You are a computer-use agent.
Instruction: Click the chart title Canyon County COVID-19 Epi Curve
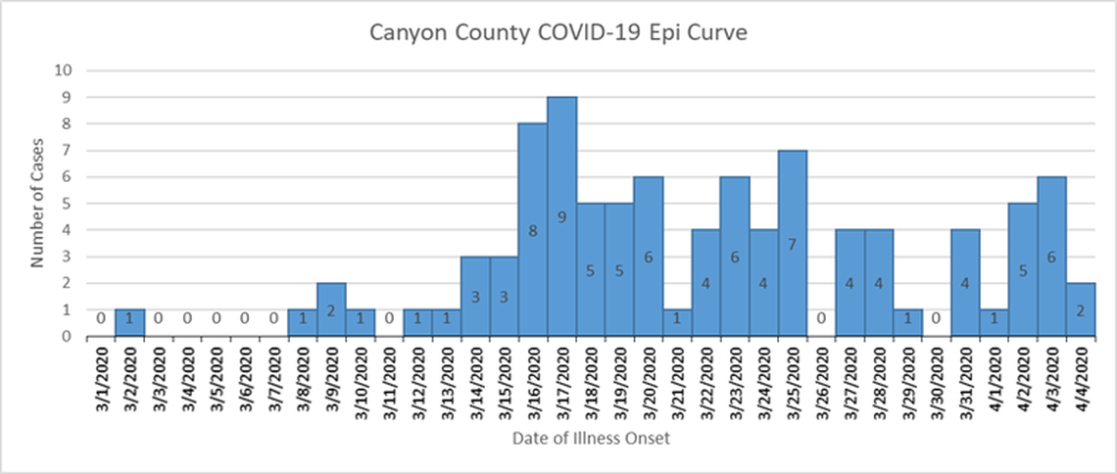point(558,33)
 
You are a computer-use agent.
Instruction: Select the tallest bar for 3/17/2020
point(561,216)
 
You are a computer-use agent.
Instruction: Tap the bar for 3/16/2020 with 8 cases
point(533,229)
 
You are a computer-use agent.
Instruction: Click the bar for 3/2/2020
point(129,323)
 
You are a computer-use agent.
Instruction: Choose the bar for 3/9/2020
point(331,309)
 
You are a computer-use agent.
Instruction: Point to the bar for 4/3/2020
point(1051,257)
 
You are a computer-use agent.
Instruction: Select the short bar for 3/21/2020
point(677,323)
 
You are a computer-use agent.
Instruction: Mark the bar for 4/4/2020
point(1080,309)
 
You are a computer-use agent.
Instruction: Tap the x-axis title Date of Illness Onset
point(591,439)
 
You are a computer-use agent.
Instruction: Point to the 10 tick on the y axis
point(64,71)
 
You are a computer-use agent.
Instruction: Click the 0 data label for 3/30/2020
point(936,318)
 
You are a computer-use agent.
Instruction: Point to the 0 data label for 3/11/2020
point(389,318)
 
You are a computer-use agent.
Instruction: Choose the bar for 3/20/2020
point(648,257)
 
